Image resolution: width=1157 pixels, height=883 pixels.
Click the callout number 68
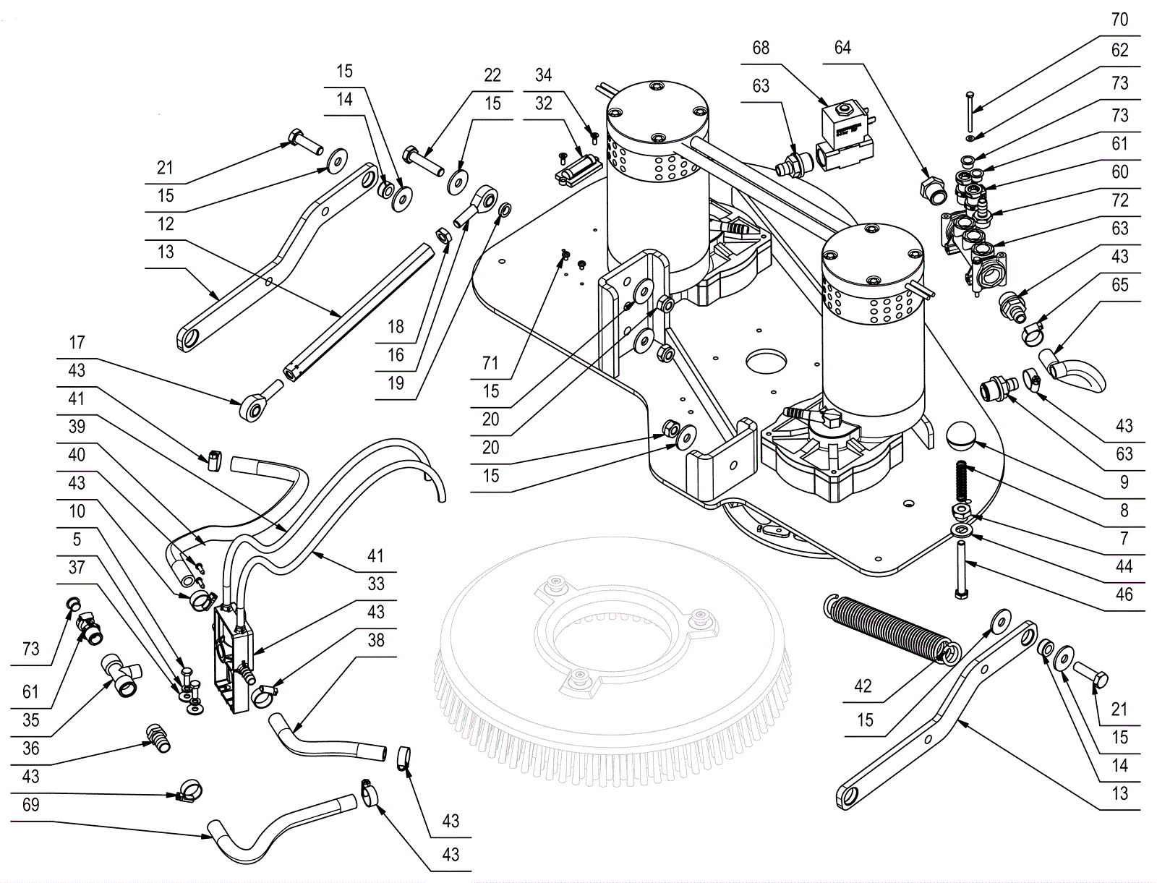761,48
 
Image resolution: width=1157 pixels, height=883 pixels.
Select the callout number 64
842,48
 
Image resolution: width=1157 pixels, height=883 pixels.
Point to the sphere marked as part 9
961,436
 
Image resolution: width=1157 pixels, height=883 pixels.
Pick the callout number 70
1119,20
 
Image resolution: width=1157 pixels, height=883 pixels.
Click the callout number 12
166,224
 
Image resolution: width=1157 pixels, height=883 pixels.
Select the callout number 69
30,806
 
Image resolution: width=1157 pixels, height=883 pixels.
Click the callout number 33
376,584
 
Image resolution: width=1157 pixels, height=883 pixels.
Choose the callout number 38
376,641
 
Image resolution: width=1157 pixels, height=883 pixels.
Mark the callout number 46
1124,595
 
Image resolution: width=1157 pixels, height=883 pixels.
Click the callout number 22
492,75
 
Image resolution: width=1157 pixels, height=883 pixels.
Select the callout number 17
77,343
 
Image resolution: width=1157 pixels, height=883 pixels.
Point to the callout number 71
491,363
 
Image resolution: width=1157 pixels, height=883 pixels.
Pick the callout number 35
30,720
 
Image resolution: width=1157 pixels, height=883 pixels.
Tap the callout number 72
1119,200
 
